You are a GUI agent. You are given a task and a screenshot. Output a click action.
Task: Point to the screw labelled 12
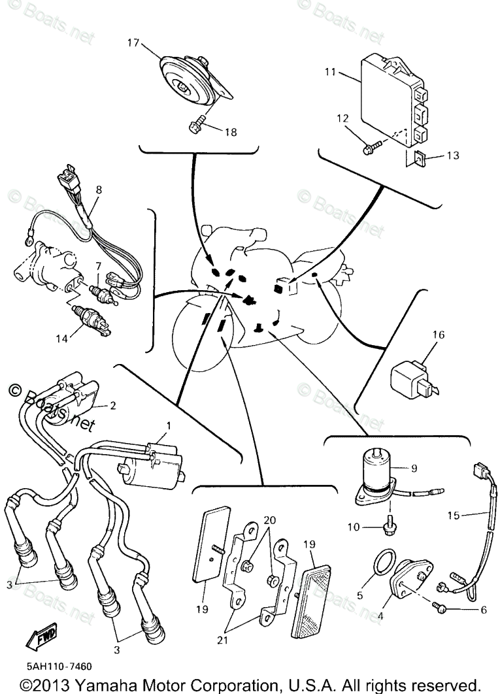pyautogui.click(x=369, y=149)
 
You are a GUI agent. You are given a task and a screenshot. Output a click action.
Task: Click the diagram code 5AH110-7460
pyautogui.click(x=59, y=667)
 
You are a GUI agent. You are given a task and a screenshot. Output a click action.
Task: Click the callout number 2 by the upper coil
pyautogui.click(x=113, y=406)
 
